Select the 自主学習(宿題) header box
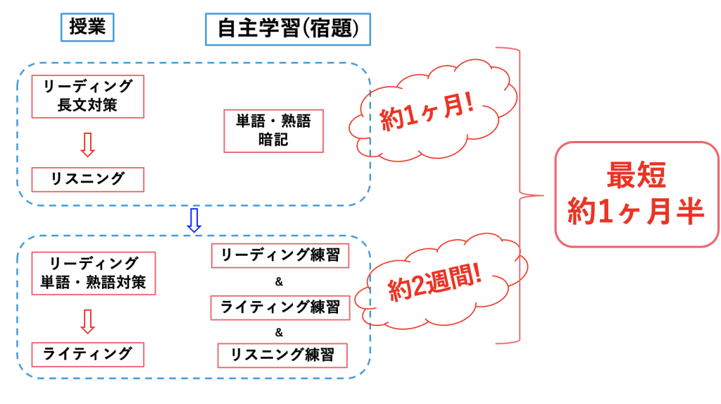click(288, 30)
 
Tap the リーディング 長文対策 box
click(88, 97)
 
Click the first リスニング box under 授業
click(88, 179)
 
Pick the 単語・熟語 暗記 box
click(273, 130)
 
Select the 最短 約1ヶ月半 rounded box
click(637, 195)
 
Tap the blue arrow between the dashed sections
click(194, 221)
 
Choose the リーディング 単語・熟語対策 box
click(94, 274)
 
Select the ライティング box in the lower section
click(88, 353)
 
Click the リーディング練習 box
click(280, 255)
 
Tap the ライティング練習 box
click(280, 307)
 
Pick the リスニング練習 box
click(282, 355)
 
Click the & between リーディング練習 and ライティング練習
click(279, 281)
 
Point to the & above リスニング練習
click(279, 332)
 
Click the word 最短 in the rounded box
click(637, 176)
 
